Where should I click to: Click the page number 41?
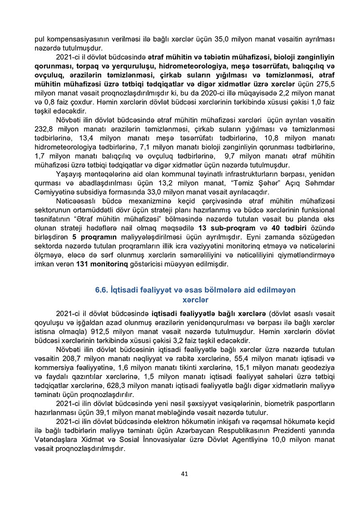184,473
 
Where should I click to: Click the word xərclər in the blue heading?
195,299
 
